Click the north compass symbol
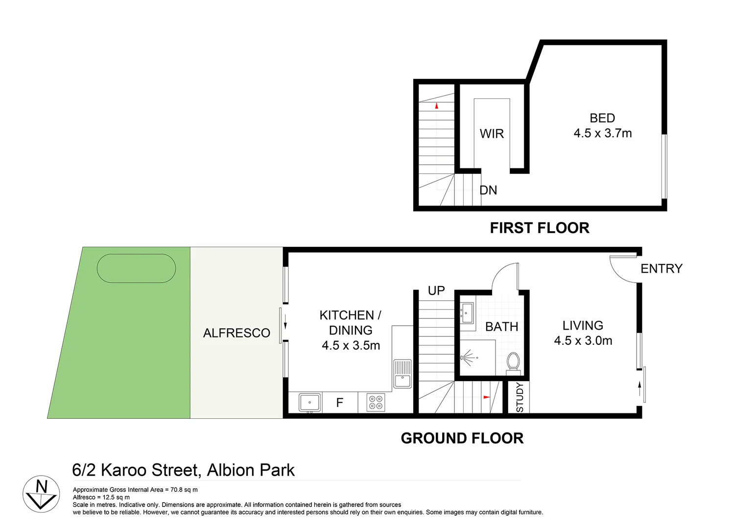pos(41,494)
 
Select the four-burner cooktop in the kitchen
pos(376,403)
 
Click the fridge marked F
pos(340,403)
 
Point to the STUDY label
pos(519,397)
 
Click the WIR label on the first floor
pos(492,134)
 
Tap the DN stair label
pos(488,190)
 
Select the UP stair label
pos(436,290)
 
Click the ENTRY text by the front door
pos(661,268)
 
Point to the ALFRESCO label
pos(236,333)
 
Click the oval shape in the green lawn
pos(136,268)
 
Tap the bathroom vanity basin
pos(467,313)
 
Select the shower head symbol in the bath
pos(468,358)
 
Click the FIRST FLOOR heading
pos(540,228)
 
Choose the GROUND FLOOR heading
pos(462,438)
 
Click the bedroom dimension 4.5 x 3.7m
pos(602,133)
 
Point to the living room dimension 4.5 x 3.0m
pos(583,340)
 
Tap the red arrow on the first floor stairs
pos(436,105)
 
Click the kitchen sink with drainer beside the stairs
pos(402,374)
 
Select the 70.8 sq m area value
pos(184,489)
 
